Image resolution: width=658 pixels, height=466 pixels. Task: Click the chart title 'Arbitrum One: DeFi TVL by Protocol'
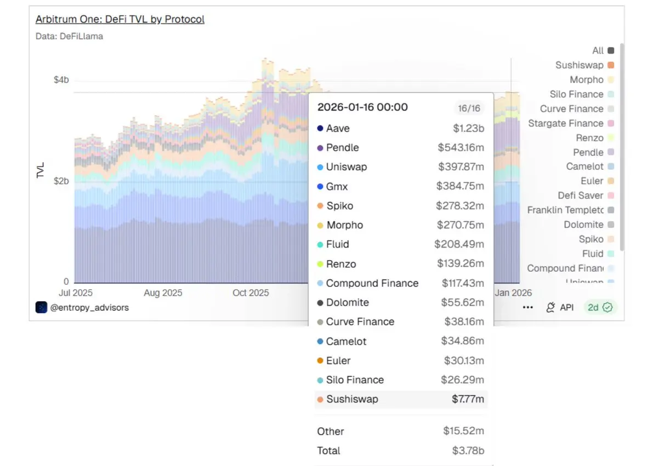[120, 19]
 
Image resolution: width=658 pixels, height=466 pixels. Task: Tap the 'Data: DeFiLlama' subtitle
[69, 36]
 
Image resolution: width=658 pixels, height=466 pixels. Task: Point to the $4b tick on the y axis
[61, 80]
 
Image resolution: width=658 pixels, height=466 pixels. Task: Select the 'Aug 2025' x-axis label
[163, 293]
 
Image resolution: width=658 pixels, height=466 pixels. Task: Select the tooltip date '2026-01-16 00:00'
[362, 107]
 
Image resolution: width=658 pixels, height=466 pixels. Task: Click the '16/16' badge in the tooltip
[469, 108]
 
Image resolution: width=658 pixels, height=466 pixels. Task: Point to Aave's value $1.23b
[468, 129]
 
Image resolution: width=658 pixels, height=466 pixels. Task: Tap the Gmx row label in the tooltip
[337, 187]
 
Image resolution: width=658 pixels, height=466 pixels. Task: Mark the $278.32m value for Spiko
[460, 206]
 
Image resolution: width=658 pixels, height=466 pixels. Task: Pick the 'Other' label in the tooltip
[331, 432]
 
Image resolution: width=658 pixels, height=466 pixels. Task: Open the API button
[560, 307]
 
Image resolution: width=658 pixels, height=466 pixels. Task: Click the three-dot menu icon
[527, 308]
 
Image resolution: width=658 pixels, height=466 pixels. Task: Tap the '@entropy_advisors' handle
[89, 307]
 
